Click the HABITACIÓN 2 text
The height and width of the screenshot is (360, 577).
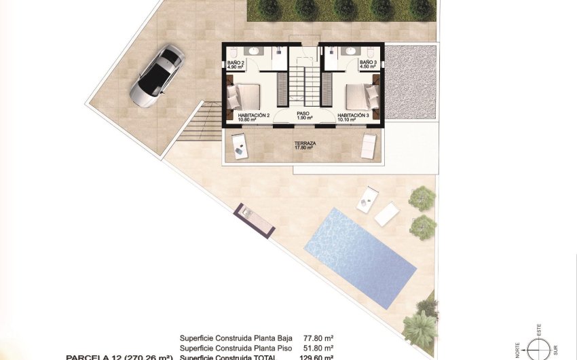[253, 115]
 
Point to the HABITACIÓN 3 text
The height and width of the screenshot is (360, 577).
[353, 115]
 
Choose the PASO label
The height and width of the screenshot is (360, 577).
[303, 115]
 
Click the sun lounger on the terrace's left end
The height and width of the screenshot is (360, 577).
[239, 145]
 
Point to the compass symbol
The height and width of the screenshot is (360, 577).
[540, 349]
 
